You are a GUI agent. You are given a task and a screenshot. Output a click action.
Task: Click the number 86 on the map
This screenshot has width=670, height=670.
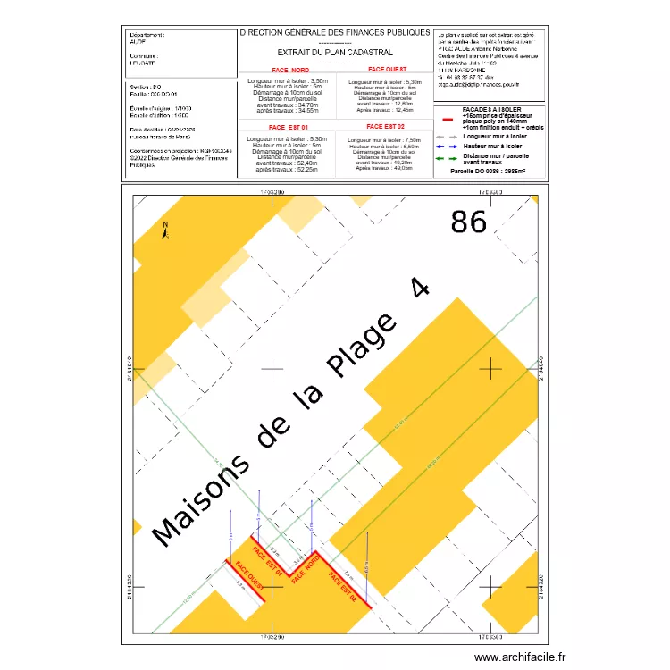469,222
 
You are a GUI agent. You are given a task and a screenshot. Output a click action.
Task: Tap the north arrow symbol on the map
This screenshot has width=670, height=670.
164,230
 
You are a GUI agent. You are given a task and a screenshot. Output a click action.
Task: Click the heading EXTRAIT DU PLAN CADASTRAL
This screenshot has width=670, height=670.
335,53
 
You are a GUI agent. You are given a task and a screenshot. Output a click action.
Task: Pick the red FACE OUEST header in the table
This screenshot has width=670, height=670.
387,70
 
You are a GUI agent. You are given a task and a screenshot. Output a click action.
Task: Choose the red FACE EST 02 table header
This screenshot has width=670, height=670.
387,128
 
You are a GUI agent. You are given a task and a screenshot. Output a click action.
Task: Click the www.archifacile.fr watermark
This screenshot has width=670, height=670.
521,657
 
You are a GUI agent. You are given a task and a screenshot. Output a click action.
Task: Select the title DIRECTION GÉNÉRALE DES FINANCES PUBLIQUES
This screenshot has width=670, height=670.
335,32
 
